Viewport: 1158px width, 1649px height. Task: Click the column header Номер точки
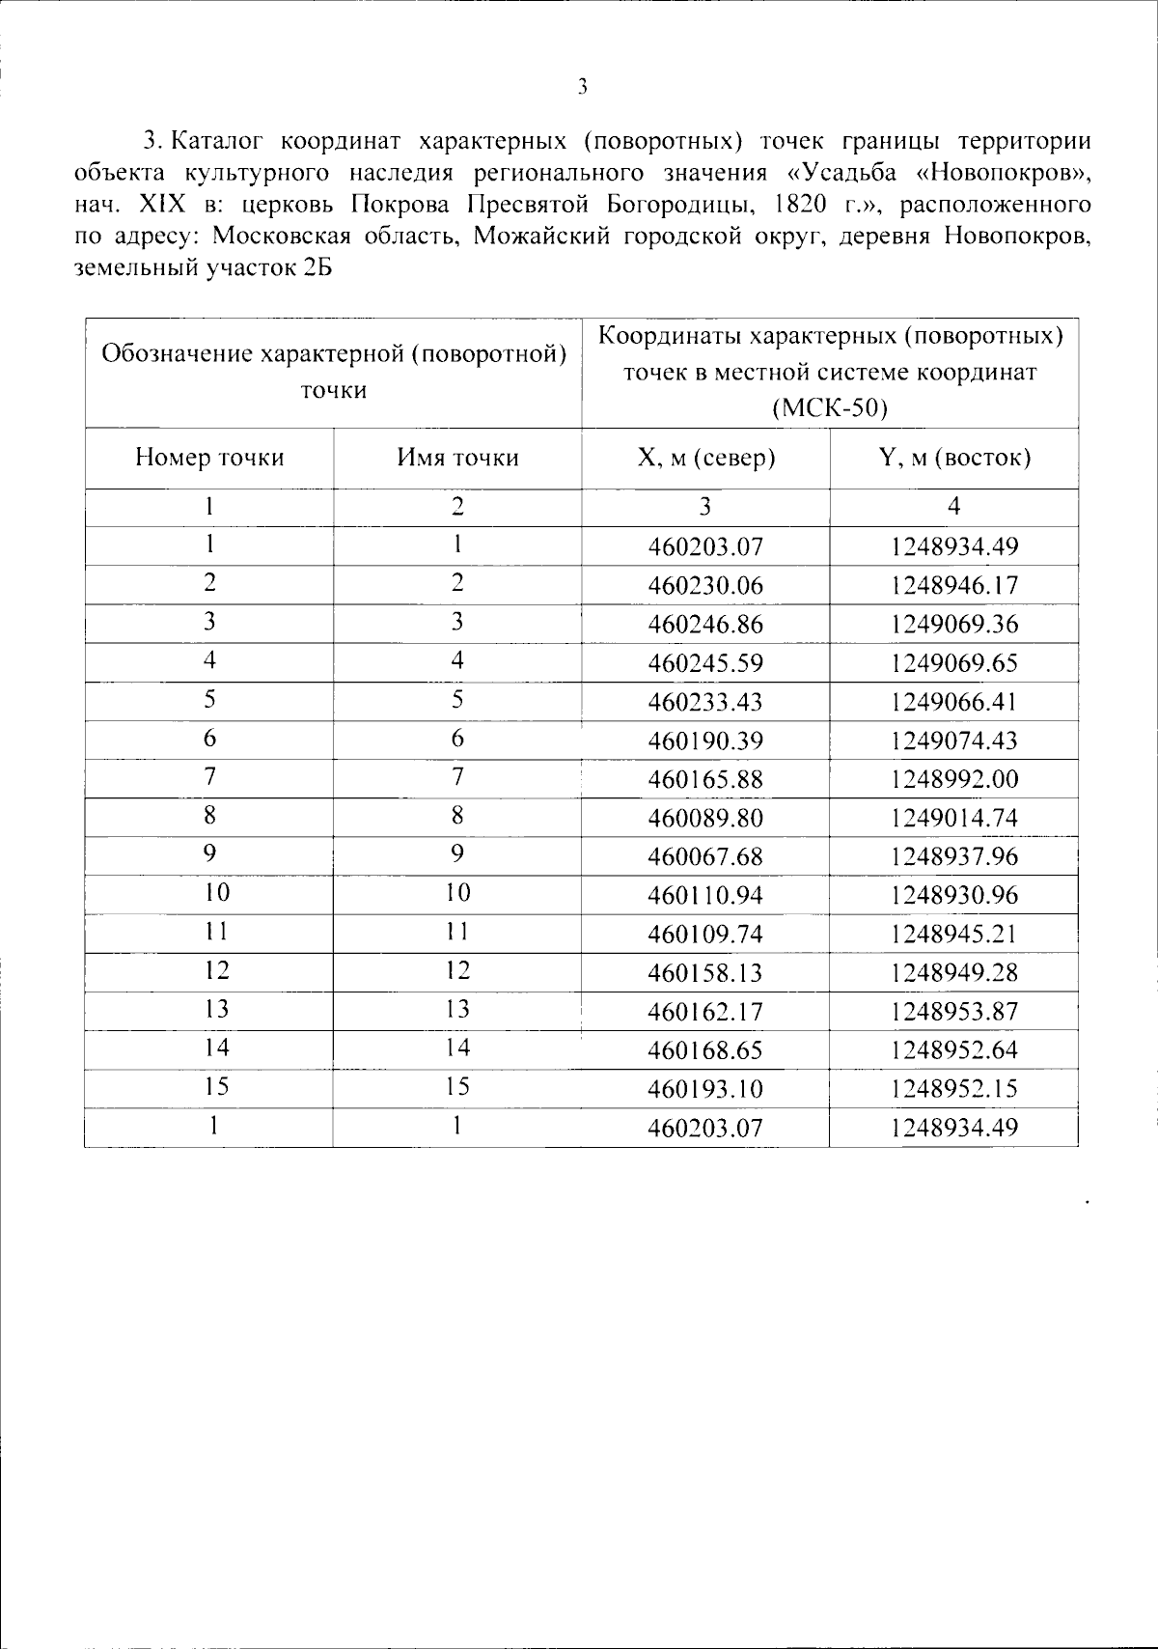point(209,458)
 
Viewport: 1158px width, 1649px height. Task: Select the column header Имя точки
point(457,458)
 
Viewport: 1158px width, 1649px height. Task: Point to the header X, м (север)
point(705,458)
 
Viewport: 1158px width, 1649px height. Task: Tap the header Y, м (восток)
point(953,458)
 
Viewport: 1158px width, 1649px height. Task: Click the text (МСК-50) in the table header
point(830,407)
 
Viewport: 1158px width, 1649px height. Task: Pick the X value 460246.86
point(705,625)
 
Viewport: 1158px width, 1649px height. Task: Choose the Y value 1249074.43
point(953,741)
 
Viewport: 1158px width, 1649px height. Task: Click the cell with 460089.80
point(705,819)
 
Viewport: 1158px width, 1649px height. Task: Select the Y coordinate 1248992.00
point(953,779)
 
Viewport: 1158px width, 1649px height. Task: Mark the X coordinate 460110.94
point(705,896)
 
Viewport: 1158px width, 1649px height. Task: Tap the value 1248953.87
point(953,1012)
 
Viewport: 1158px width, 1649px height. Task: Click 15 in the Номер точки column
point(217,1087)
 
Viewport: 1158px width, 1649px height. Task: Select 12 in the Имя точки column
point(457,970)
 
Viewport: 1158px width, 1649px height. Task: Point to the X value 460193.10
point(705,1089)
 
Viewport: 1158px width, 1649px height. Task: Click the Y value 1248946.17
point(953,586)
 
